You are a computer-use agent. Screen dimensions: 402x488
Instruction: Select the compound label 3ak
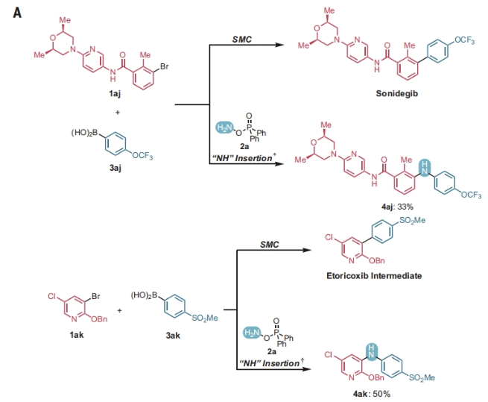[x=176, y=336]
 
